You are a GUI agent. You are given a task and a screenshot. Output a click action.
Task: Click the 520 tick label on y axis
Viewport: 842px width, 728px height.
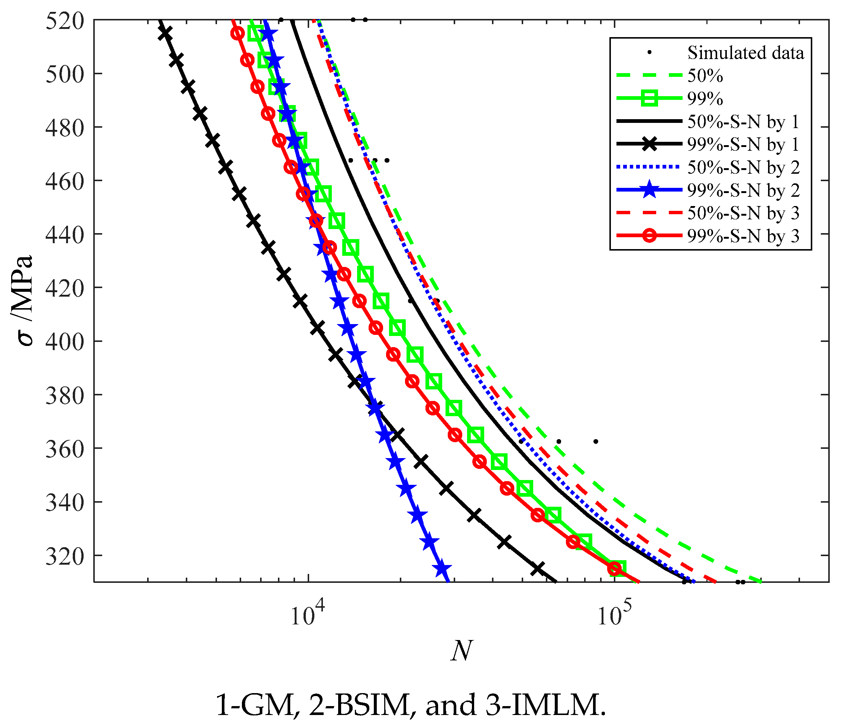tap(65, 20)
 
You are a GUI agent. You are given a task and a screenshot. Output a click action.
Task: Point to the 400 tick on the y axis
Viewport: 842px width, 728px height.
tap(65, 341)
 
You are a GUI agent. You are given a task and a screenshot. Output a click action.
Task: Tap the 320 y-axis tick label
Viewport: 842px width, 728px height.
tap(65, 555)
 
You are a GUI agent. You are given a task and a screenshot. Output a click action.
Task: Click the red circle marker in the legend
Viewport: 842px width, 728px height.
tap(649, 236)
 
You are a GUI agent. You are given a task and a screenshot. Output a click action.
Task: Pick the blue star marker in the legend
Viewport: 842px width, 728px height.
tap(649, 190)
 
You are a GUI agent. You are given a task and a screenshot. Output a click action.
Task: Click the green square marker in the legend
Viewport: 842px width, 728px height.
tap(649, 98)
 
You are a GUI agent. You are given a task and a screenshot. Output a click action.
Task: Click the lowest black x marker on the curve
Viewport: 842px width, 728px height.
tap(538, 569)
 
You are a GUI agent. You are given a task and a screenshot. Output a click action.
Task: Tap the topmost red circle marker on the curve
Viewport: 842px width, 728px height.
tap(238, 33)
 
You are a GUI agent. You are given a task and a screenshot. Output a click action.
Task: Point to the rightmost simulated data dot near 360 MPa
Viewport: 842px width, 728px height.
tap(596, 441)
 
